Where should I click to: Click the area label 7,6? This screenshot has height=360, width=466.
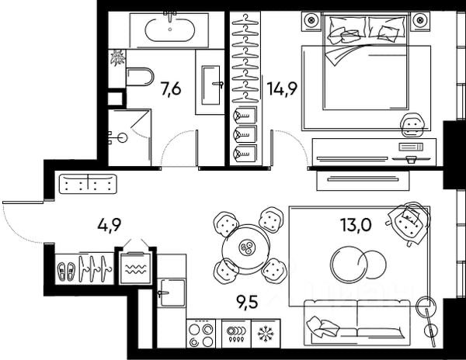170,88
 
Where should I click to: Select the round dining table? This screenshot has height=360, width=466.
248,247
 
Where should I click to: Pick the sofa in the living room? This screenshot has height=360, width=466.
357,320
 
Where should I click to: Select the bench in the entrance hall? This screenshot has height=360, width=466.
88,184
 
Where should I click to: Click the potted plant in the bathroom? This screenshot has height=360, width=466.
117,57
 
